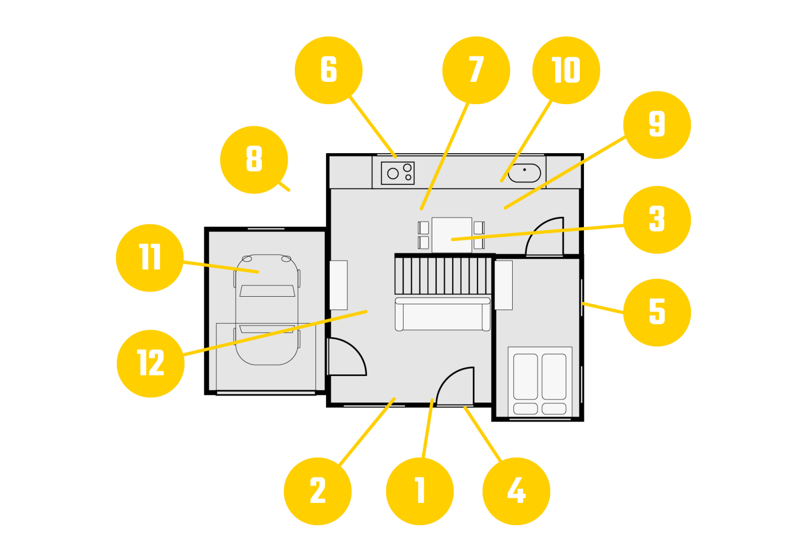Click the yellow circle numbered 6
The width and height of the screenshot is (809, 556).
click(x=329, y=70)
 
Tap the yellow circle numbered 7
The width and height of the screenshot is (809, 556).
click(x=476, y=70)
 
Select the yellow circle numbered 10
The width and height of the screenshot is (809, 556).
click(x=566, y=70)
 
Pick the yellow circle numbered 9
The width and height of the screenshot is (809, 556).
click(x=657, y=125)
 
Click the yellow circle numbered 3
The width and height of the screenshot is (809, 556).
click(x=657, y=220)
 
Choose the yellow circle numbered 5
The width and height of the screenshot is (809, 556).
click(x=657, y=312)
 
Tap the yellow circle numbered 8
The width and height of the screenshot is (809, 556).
click(x=254, y=160)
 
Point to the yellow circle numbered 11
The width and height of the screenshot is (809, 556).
click(x=150, y=258)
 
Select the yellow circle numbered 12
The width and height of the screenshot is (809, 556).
click(x=150, y=363)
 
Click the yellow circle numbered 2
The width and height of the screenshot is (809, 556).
click(x=318, y=491)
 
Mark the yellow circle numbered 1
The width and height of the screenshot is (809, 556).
click(x=420, y=491)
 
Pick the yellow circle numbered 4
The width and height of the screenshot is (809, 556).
click(x=516, y=491)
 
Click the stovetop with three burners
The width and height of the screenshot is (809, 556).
click(x=397, y=173)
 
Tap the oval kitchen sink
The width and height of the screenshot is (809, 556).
click(x=524, y=173)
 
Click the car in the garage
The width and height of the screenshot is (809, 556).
click(x=266, y=309)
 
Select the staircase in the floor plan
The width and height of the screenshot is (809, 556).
click(x=443, y=275)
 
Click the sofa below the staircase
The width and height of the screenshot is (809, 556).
click(x=442, y=314)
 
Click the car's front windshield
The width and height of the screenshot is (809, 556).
click(x=267, y=291)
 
